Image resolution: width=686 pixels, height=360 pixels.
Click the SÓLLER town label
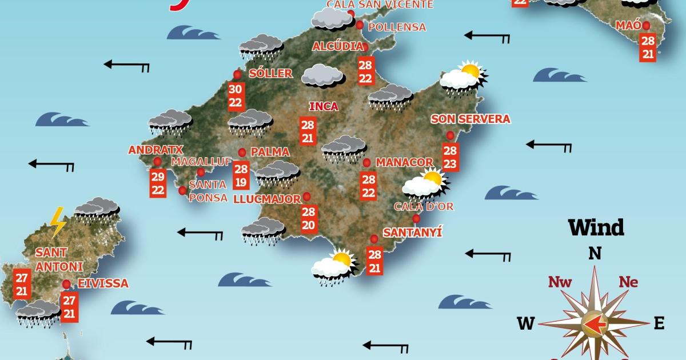pyautogui.click(x=271, y=73)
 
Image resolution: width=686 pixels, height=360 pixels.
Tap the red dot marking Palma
pyautogui.click(x=242, y=152)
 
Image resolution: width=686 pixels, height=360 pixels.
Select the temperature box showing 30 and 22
pyautogui.click(x=236, y=95)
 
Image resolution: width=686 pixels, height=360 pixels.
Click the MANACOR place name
pyautogui.click(x=405, y=162)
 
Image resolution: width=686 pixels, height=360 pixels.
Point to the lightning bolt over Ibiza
pyautogui.click(x=57, y=221)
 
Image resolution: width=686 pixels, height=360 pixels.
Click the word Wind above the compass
pyautogui.click(x=596, y=227)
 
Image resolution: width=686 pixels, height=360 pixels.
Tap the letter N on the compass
pyautogui.click(x=595, y=253)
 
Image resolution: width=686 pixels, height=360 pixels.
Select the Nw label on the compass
pyautogui.click(x=560, y=282)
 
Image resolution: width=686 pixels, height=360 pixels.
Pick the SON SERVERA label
pyautogui.click(x=470, y=119)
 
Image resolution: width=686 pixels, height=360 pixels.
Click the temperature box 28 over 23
pyautogui.click(x=450, y=157)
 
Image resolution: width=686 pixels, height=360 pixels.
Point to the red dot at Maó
pyautogui.click(x=646, y=25)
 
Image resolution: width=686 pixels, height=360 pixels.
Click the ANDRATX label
pyautogui.click(x=155, y=150)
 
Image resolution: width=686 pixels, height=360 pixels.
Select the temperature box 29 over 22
pyautogui.click(x=158, y=183)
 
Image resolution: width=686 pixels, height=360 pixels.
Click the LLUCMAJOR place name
pyautogui.click(x=268, y=199)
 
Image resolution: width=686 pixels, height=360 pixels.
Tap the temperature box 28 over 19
pyautogui.click(x=241, y=175)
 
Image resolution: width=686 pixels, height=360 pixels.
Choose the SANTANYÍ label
pyautogui.click(x=413, y=233)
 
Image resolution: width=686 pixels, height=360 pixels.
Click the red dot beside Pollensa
pyautogui.click(x=360, y=25)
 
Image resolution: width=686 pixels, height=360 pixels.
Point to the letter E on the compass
pyautogui.click(x=659, y=323)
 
